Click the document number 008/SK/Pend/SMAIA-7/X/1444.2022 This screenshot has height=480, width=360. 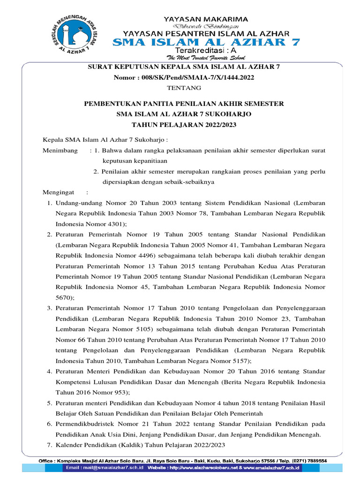coord(197,77)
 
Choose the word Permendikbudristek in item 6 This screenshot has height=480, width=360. coord(85,424)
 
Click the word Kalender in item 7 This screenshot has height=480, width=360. coord(68,445)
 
